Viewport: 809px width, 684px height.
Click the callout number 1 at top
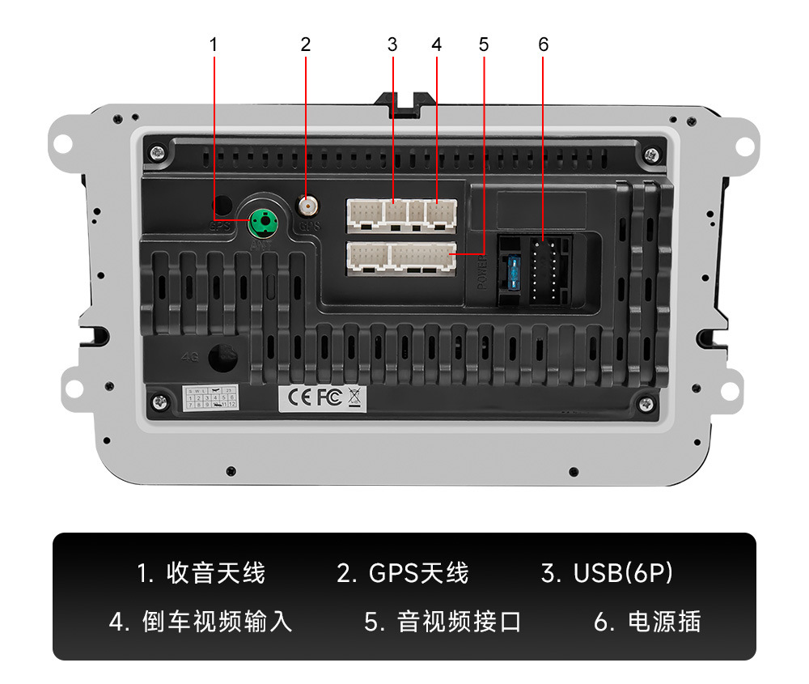[214, 45]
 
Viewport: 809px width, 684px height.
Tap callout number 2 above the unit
[305, 45]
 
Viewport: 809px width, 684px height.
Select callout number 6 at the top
[543, 45]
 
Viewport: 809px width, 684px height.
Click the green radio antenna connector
[261, 219]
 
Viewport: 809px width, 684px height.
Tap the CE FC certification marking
[312, 397]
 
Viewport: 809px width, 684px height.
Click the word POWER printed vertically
[481, 273]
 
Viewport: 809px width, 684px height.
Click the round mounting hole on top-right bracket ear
[742, 144]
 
